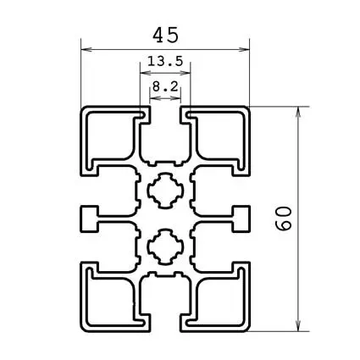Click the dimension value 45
pos(165,35)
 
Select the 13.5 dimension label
pos(165,62)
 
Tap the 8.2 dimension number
pos(165,86)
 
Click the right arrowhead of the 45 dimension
pos(246,48)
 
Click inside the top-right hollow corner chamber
pos(222,136)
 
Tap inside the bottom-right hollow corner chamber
pos(222,301)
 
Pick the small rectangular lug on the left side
pos(89,219)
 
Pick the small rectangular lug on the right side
pos(242,219)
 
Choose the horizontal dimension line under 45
pos(119,48)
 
